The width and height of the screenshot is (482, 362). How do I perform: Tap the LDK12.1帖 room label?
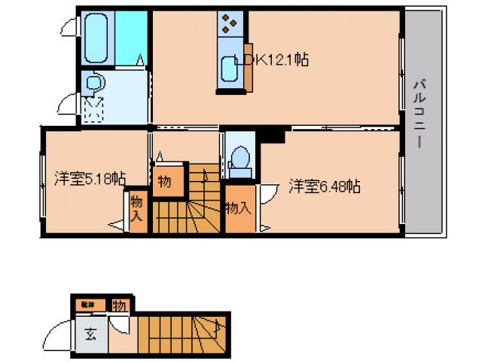[x=271, y=60]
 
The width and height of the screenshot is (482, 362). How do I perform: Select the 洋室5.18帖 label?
[x=89, y=179]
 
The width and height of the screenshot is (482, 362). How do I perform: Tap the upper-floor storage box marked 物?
[x=164, y=182]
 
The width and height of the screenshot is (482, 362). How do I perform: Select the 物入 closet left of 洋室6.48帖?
[x=237, y=207]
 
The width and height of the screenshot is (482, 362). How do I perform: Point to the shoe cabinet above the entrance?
[x=88, y=305]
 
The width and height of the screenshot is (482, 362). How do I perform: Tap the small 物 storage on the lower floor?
[x=119, y=305]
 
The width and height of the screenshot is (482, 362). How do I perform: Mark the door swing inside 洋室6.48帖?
[x=268, y=194]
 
